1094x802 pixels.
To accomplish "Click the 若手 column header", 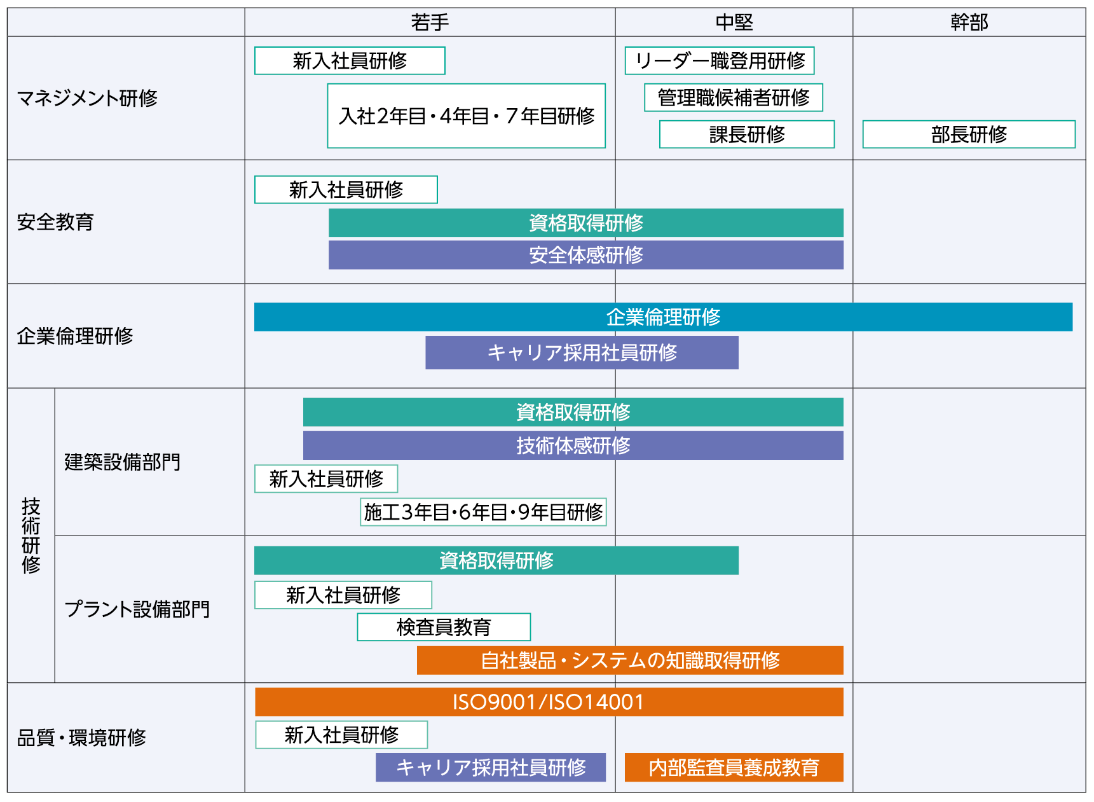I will click(430, 22).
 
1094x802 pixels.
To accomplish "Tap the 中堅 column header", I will click(734, 22).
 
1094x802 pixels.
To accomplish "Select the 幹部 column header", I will click(969, 22).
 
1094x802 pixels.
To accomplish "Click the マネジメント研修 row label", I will click(87, 98).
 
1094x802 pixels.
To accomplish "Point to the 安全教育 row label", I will click(55, 222).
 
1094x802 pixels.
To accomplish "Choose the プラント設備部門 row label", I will click(137, 609).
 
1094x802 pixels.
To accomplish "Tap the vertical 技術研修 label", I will click(31, 536).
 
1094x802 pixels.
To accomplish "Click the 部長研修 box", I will click(969, 134).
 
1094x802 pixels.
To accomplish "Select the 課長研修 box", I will click(747, 134).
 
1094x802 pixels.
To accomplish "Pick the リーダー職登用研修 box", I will click(720, 61).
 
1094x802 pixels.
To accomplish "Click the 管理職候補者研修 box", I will click(734, 97).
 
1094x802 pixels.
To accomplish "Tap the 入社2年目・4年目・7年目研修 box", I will click(467, 116).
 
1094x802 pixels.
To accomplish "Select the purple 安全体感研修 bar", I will click(585, 255).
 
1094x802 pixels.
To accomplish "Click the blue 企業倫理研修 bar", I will click(663, 317).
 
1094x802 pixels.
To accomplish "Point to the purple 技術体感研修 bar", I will click(573, 445).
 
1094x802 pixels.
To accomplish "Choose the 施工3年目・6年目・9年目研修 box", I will click(483, 512).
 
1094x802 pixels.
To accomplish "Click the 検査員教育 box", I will click(444, 627).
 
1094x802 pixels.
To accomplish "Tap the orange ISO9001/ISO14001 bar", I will click(549, 702).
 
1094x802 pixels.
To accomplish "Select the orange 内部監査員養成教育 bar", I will click(734, 768).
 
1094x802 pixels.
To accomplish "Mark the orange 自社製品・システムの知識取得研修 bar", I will click(630, 660).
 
